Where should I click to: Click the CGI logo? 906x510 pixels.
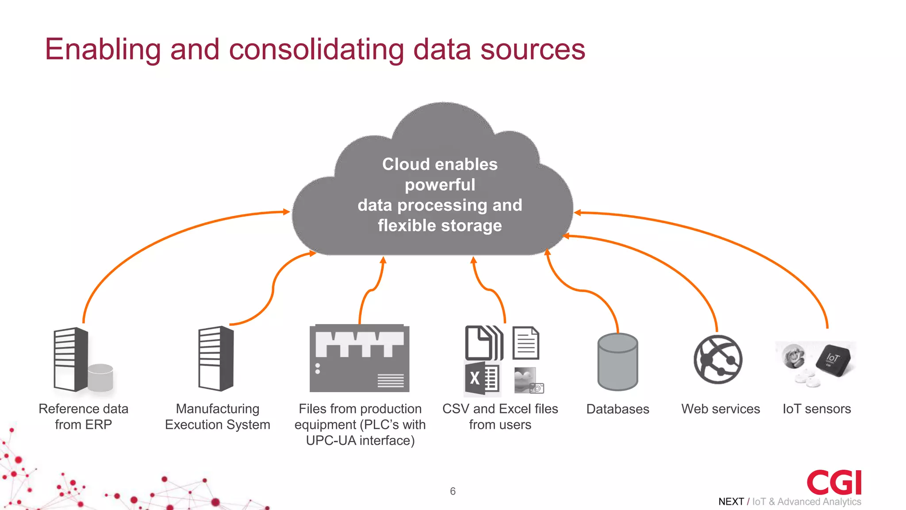click(x=834, y=482)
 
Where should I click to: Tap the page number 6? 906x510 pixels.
click(x=453, y=491)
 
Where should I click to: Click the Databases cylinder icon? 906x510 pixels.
click(x=618, y=362)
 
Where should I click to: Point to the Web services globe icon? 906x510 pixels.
click(x=718, y=359)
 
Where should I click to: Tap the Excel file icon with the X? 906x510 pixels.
click(x=482, y=379)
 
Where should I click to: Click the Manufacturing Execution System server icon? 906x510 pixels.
click(x=216, y=359)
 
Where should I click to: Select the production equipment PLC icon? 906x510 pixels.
click(x=359, y=359)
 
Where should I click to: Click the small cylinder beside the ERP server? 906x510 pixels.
click(x=100, y=377)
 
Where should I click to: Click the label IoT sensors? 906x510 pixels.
click(x=817, y=409)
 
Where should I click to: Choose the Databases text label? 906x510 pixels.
click(x=618, y=409)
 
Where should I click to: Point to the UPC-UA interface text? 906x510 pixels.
click(x=360, y=440)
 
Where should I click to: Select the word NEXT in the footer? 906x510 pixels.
click(x=731, y=502)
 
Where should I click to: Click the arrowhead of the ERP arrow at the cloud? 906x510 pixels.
click(x=287, y=212)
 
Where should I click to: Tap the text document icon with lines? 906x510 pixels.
click(x=526, y=343)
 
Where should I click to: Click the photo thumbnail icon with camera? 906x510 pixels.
click(x=529, y=380)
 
